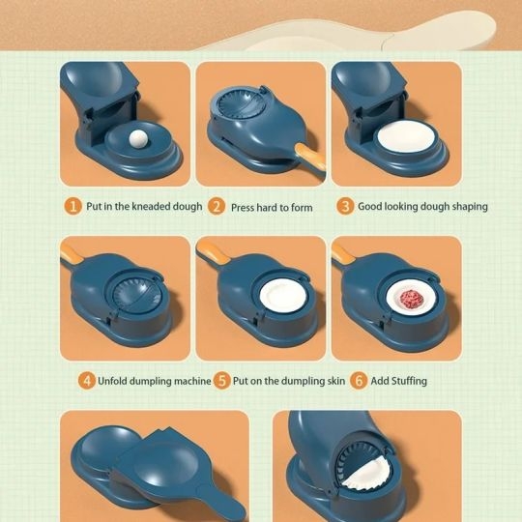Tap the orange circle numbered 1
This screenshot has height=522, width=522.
click(72, 206)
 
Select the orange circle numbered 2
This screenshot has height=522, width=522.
click(217, 207)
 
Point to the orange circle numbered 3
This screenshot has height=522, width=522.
click(345, 206)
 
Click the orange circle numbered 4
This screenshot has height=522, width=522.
click(87, 380)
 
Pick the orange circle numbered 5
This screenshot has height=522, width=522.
click(222, 380)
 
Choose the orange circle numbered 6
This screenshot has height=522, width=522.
click(359, 380)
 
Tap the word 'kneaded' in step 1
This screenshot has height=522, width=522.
click(151, 207)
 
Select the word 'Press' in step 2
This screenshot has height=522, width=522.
click(243, 208)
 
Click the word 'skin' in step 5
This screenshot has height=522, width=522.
click(335, 381)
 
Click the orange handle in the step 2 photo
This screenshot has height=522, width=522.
click(310, 158)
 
